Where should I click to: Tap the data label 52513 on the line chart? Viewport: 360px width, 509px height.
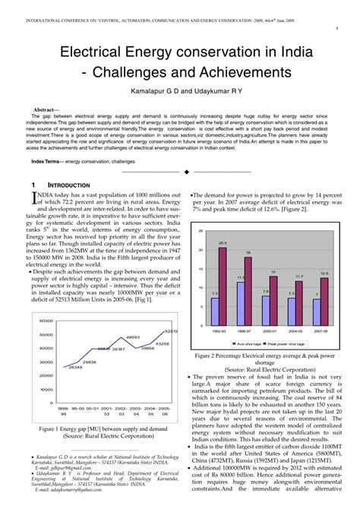tap(172, 331)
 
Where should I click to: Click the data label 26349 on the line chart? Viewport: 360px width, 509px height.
tap(75, 367)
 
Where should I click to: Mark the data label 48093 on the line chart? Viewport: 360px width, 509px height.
tap(132, 337)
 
